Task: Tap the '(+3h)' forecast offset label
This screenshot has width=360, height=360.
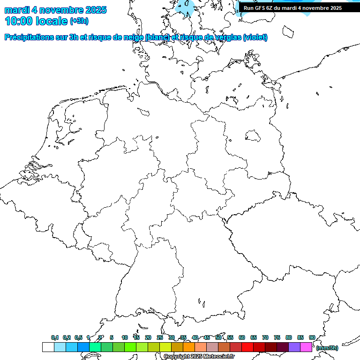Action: click(79, 21)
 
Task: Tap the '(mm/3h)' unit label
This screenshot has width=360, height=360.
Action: click(327, 348)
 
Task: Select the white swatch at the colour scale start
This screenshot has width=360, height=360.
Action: click(48, 347)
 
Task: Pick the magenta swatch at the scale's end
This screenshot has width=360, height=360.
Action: click(306, 347)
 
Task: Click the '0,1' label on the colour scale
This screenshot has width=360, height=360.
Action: click(55, 337)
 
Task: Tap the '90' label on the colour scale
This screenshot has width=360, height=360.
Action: click(312, 337)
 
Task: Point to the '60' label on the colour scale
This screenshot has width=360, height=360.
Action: click(242, 337)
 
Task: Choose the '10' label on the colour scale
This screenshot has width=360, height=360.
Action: click(125, 337)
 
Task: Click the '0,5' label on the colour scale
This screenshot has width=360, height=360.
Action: click(78, 337)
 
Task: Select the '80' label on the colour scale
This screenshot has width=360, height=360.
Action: click(289, 337)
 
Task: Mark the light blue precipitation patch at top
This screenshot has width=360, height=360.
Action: click(187, 7)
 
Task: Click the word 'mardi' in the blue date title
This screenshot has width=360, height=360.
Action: click(17, 10)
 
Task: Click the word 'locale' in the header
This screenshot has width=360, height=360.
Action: click(52, 21)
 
